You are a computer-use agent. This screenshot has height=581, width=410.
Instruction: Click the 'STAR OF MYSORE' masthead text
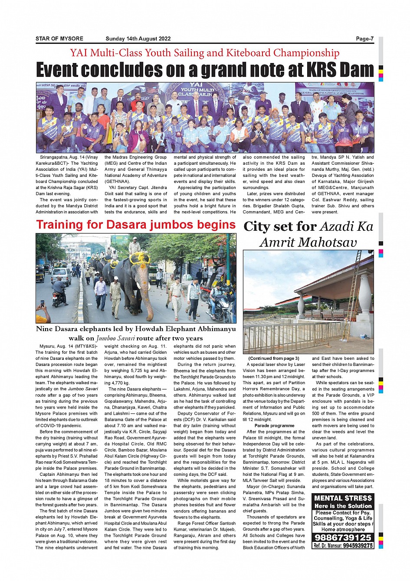pyautogui.click(x=59, y=39)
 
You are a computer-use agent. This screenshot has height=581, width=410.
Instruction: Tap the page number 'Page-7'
pyautogui.click(x=364, y=39)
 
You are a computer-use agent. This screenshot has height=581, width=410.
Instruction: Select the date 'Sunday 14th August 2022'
pyautogui.click(x=138, y=39)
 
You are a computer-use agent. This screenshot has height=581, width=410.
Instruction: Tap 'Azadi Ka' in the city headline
pyautogui.click(x=346, y=226)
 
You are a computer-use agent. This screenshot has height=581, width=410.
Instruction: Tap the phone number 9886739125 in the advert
pyautogui.click(x=343, y=538)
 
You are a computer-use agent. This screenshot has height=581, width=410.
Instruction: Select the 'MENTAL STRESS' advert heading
pyautogui.click(x=343, y=498)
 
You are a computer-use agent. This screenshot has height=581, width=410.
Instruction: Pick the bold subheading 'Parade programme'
pyautogui.click(x=274, y=425)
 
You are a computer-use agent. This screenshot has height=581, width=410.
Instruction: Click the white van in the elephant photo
pyautogui.click(x=61, y=276)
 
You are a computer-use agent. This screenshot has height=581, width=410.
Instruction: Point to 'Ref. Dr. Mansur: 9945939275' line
pyautogui.click(x=343, y=546)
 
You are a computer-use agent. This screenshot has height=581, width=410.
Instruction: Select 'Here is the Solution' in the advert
pyautogui.click(x=343, y=506)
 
